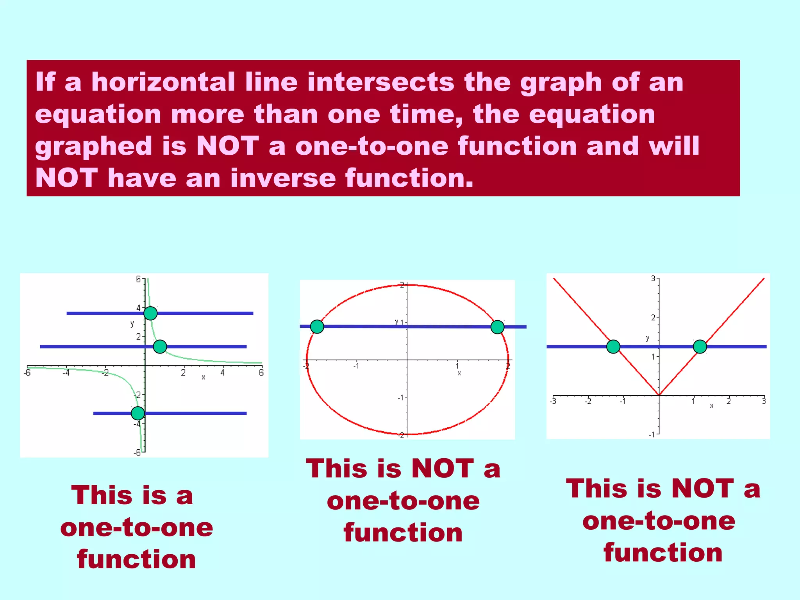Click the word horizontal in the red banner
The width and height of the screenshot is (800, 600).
coord(163,82)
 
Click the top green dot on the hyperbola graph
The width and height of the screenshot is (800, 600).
coord(150,313)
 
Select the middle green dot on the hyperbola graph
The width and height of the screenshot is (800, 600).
coord(160,346)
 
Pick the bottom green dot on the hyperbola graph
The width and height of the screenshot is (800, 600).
coord(137,413)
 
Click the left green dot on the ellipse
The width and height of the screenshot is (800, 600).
coord(317,327)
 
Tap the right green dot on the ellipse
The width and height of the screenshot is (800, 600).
coord(497,327)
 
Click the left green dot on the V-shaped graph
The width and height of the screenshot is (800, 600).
coord(613,346)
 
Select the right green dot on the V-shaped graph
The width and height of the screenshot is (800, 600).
coord(700,346)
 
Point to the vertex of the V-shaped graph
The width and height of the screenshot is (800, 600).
coord(659,395)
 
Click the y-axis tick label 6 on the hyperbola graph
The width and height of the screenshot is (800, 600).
coord(138,279)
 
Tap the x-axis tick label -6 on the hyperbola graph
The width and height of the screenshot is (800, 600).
coord(27,373)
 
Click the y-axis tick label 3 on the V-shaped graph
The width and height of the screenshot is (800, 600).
coord(653,279)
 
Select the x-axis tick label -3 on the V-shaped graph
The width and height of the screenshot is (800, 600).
coord(553,401)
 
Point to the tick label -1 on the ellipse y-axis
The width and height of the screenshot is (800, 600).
coord(400,397)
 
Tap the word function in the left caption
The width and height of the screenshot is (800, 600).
coord(136,559)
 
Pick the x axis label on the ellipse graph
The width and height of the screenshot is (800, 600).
coord(459,373)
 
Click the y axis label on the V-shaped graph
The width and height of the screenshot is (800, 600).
coord(647,338)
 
